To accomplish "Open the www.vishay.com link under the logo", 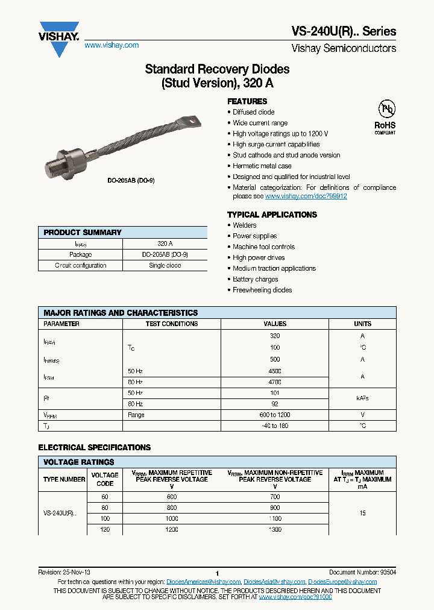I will click(112, 45).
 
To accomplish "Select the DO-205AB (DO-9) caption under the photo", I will click(131, 180).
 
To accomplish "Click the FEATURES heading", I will click(247, 101).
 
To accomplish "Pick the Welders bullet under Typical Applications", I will click(245, 225).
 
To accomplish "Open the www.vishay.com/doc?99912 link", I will click(306, 197).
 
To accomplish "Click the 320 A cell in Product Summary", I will click(165, 244).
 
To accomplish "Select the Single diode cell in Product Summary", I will click(165, 265).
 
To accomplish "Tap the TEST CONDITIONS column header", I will click(172, 324).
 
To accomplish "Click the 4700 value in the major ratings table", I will click(275, 382).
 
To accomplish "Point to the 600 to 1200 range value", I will click(275, 415).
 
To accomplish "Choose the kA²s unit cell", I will click(362, 398).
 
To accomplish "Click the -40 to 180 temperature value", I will click(275, 426).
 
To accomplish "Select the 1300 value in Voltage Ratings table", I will click(275, 529).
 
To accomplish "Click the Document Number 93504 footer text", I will click(362, 572).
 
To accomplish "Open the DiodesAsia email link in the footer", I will click(275, 582).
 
